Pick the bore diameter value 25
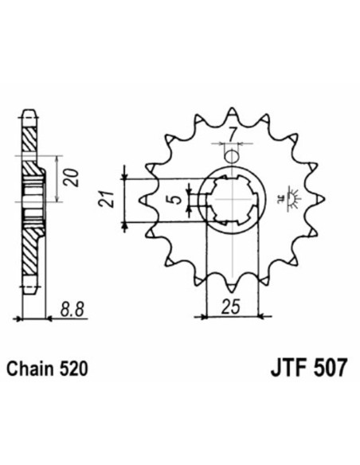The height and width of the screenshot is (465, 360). [231, 307]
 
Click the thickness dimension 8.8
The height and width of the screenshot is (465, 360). [72, 307]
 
